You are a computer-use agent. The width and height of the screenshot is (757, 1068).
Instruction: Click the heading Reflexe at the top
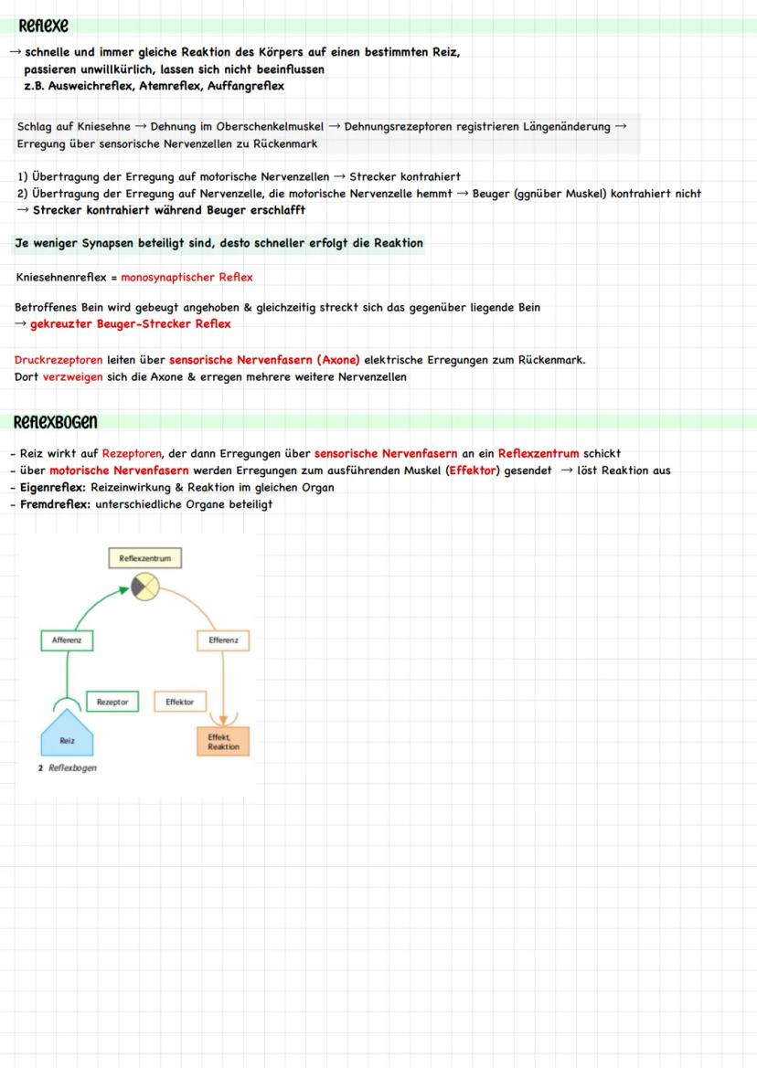pyautogui.click(x=43, y=25)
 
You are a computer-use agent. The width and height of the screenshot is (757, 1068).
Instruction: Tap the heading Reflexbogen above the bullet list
pyautogui.click(x=55, y=422)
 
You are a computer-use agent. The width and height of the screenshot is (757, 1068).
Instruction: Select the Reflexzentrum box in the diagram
pyautogui.click(x=145, y=557)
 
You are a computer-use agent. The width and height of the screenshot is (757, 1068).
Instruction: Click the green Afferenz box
pyautogui.click(x=67, y=640)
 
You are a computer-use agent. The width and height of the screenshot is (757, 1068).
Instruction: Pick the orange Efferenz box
pyautogui.click(x=223, y=640)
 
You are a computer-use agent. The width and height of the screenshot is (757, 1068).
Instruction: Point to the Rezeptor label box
pyautogui.click(x=112, y=702)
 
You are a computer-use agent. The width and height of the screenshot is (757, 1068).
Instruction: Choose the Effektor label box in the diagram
pyautogui.click(x=180, y=702)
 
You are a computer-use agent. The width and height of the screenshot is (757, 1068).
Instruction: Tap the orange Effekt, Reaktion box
pyautogui.click(x=223, y=741)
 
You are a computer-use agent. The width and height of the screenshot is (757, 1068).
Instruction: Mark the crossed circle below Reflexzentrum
pyautogui.click(x=145, y=587)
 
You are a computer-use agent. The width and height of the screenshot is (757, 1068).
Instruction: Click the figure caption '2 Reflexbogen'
pyautogui.click(x=68, y=767)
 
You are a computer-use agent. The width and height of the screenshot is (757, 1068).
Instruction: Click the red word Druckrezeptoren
pyautogui.click(x=59, y=360)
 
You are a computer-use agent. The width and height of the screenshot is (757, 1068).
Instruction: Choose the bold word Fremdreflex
pyautogui.click(x=51, y=504)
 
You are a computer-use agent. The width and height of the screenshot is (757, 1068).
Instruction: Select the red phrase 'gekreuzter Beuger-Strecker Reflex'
pyautogui.click(x=130, y=323)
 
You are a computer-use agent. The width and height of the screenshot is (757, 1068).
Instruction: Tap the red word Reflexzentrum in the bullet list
pyautogui.click(x=538, y=453)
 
